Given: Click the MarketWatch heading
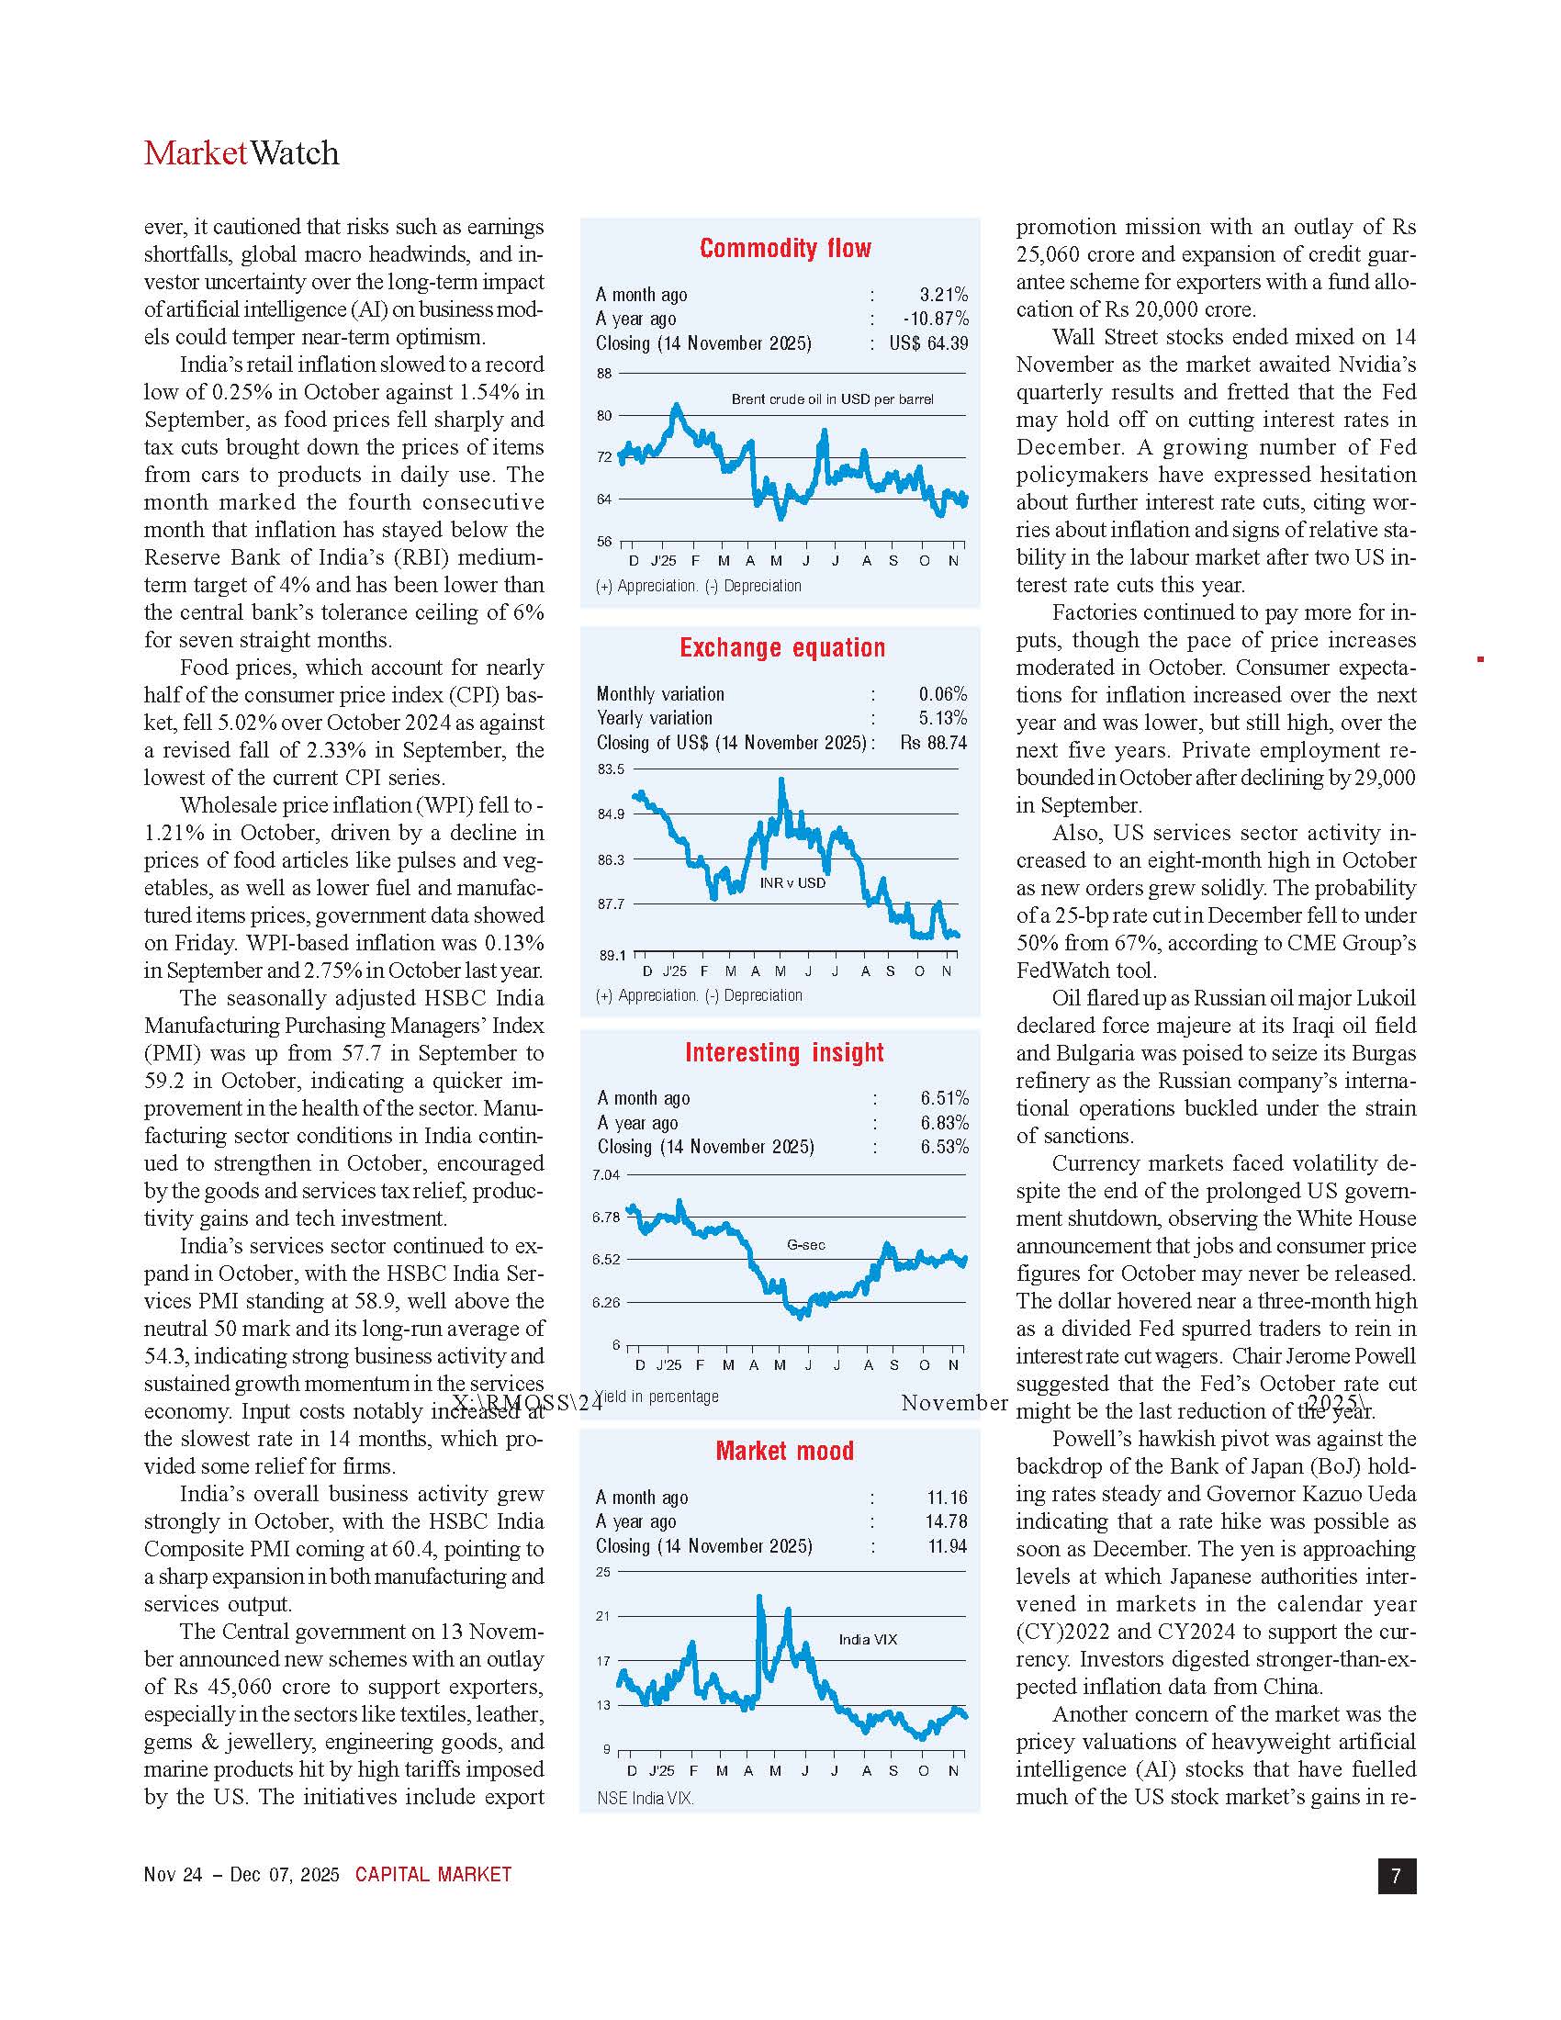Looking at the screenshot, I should coord(241,153).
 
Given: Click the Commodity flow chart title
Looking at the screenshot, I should coord(785,248).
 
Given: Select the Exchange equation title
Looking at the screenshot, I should coord(782,647).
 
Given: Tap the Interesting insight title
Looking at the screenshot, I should coord(784,1052).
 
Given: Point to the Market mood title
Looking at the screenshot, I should coord(784,1451).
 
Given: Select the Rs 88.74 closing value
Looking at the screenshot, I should coord(933,743).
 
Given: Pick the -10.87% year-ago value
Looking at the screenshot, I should coord(936,320).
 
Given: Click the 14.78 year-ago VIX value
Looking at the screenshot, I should coord(947,1521).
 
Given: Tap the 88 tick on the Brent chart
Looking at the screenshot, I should coord(604,374).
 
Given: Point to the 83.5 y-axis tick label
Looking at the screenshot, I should coord(610,769).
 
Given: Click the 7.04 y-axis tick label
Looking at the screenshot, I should coord(606,1175).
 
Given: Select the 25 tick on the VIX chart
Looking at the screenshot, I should coord(603,1572).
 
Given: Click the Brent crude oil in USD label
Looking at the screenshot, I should coord(832,399).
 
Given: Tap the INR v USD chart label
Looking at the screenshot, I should coord(792,883).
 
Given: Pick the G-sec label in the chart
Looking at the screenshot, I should coord(805,1245).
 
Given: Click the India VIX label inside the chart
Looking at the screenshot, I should coord(868,1640).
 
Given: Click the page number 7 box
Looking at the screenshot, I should coord(1397,1876).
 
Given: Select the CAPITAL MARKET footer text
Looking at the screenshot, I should coord(432,1875).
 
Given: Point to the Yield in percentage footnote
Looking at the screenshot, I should coord(657,1397).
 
